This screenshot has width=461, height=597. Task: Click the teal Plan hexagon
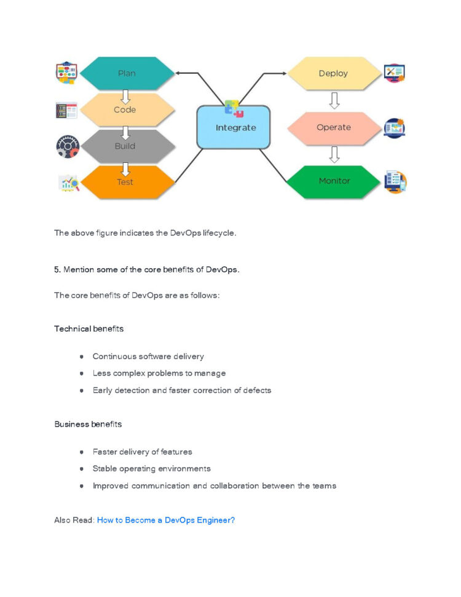pyautogui.click(x=127, y=73)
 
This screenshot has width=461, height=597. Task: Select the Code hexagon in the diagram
pyautogui.click(x=125, y=109)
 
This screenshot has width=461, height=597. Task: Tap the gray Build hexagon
pyautogui.click(x=125, y=146)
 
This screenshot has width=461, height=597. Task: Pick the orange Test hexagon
pyautogui.click(x=125, y=182)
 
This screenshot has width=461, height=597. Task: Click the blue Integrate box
pyautogui.click(x=234, y=128)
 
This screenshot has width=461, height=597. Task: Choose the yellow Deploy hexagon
pyautogui.click(x=333, y=73)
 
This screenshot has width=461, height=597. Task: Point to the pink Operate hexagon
pyautogui.click(x=334, y=127)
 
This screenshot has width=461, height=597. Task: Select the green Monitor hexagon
pyautogui.click(x=334, y=181)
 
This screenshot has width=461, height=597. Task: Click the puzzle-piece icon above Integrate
pyautogui.click(x=234, y=108)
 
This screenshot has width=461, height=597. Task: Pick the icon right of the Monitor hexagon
pyautogui.click(x=394, y=182)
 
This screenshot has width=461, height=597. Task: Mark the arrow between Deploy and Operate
pyautogui.click(x=334, y=100)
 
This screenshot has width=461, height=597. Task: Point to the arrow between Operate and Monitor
pyautogui.click(x=334, y=154)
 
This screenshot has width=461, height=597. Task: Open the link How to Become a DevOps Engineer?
pyautogui.click(x=165, y=520)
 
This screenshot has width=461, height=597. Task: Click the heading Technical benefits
pyautogui.click(x=89, y=329)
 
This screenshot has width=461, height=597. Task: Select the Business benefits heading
pyautogui.click(x=88, y=424)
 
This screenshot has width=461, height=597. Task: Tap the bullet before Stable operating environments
pyautogui.click(x=81, y=469)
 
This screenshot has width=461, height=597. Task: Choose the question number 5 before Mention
pyautogui.click(x=57, y=271)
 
